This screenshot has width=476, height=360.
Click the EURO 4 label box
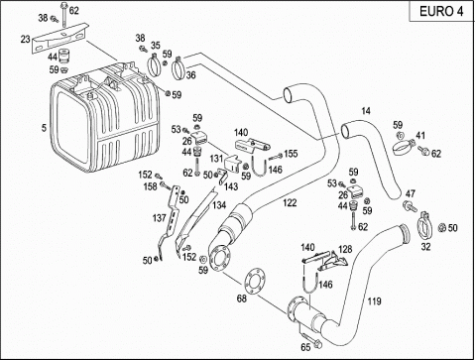click(441, 11)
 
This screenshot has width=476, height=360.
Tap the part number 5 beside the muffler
click(44, 128)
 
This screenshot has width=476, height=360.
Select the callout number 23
click(25, 40)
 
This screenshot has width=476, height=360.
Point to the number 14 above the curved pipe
click(366, 111)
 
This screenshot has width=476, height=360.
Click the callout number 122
click(290, 202)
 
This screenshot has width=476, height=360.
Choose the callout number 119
click(374, 301)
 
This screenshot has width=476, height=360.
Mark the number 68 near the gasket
click(242, 299)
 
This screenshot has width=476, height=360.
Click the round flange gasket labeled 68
click(254, 282)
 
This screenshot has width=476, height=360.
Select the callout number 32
click(425, 247)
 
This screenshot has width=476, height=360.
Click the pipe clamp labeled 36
click(178, 68)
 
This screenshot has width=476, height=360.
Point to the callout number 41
click(420, 136)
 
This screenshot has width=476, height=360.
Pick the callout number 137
click(159, 218)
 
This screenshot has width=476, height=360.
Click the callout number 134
click(219, 205)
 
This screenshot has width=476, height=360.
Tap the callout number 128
click(345, 249)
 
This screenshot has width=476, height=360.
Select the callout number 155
click(291, 154)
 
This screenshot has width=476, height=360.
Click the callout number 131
click(216, 159)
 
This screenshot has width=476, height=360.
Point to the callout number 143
click(231, 186)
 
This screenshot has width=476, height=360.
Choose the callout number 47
click(411, 193)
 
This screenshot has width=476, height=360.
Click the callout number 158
click(150, 186)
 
